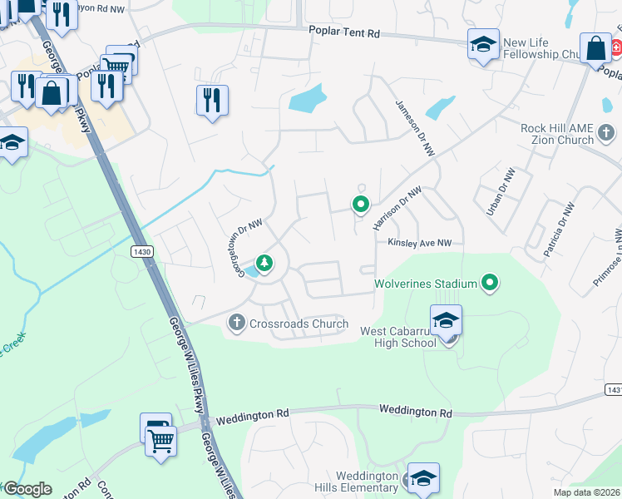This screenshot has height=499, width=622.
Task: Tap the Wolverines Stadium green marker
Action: pyautogui.click(x=490, y=284)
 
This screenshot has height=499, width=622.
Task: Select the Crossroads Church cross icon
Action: pyautogui.click(x=236, y=323)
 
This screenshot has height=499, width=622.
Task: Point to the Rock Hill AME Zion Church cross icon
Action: pyautogui.click(x=607, y=131)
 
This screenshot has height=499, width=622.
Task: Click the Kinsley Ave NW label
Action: pyautogui.click(x=419, y=242)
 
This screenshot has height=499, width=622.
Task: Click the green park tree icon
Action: pyautogui.click(x=264, y=264)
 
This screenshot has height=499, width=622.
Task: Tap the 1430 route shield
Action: pyautogui.click(x=141, y=249)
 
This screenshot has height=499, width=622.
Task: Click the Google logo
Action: pyautogui.click(x=27, y=489)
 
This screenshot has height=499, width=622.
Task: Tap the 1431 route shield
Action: pyautogui.click(x=613, y=389)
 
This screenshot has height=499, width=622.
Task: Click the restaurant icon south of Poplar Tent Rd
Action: pyautogui.click(x=211, y=101)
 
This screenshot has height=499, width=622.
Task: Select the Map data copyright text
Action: pyautogui.click(x=587, y=492)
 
